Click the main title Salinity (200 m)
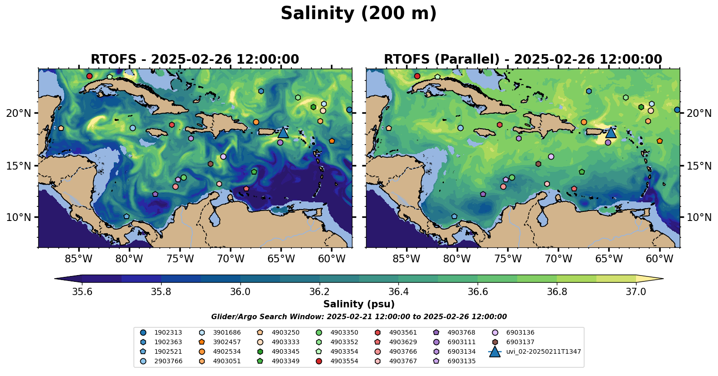coord(358,14)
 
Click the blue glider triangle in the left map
coord(283,132)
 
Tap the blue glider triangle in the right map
coord(611,132)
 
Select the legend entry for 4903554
coord(344,361)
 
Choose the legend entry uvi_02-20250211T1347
coord(543,351)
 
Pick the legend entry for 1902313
coord(168,333)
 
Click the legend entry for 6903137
coord(520,342)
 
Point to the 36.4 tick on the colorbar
coord(398,291)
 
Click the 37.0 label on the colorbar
coord(636,291)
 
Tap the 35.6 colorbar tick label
coord(82,291)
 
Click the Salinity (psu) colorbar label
coord(359,304)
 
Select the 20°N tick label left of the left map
coord(19,113)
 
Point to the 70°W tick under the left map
coord(230,259)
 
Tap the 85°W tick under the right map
coord(406,259)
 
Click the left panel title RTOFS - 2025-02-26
coord(195,60)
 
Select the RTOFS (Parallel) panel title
coord(523,60)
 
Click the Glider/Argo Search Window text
coord(359,317)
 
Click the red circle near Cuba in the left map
coord(89,76)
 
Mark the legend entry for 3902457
coord(226,342)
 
